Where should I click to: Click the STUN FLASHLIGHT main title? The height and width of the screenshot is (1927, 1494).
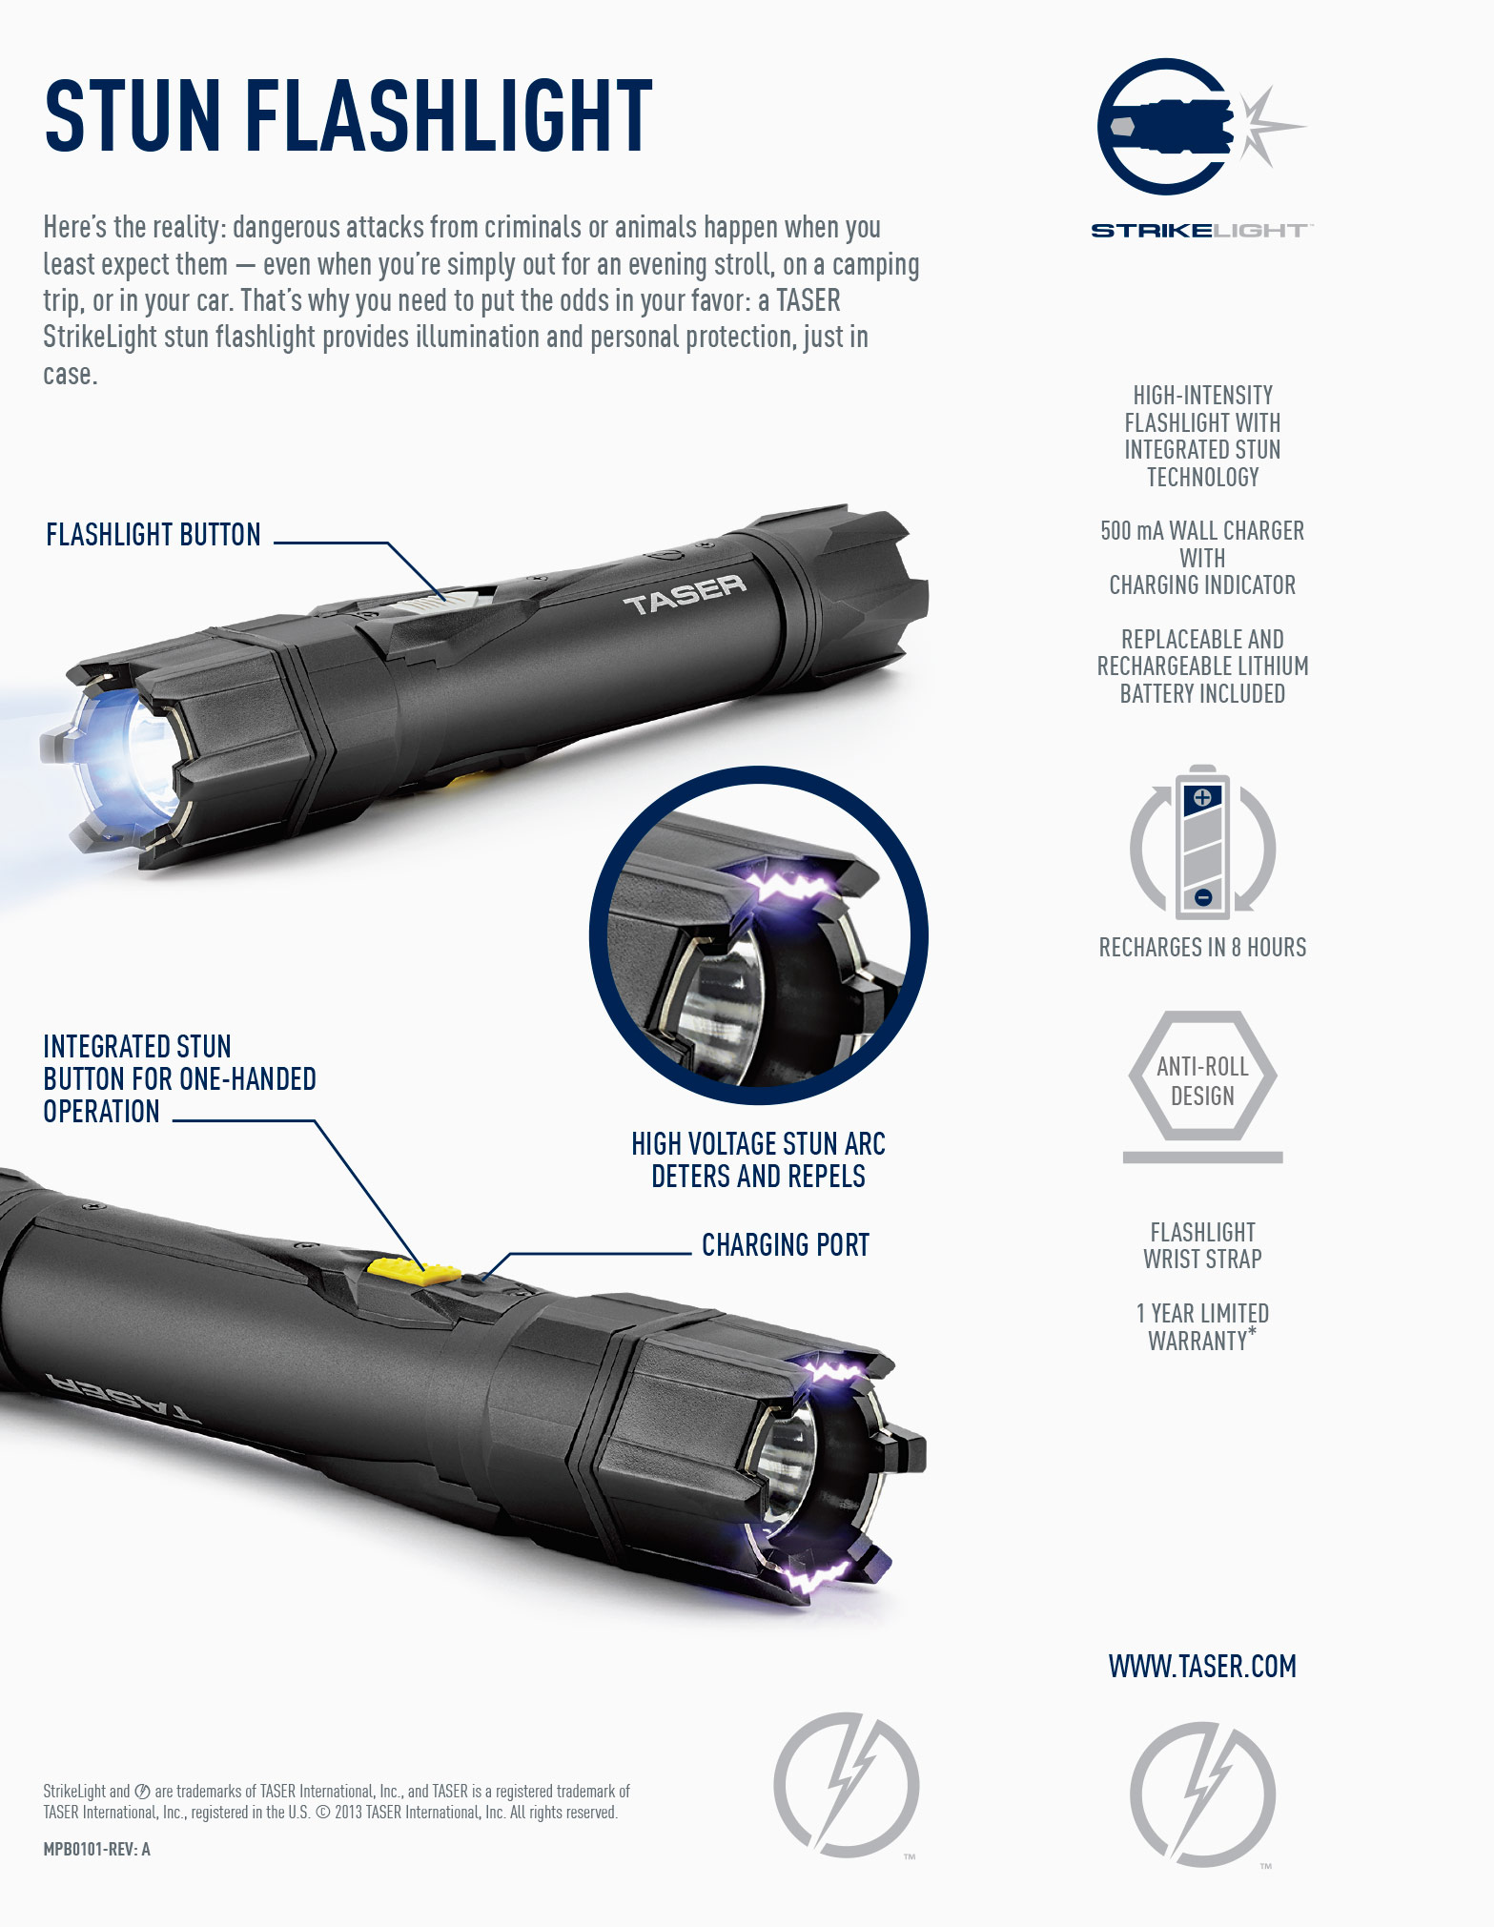(348, 116)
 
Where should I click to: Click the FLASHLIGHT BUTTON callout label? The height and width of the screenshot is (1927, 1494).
(153, 535)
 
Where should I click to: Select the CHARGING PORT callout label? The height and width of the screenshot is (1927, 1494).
(786, 1245)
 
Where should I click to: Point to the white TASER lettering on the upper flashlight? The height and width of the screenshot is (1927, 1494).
(685, 593)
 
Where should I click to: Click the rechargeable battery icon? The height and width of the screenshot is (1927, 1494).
(1202, 842)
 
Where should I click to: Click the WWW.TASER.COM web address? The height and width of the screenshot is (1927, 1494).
(1202, 1667)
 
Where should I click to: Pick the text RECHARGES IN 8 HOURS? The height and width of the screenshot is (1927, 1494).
(1202, 948)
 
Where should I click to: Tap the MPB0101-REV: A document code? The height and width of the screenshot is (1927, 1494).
(97, 1850)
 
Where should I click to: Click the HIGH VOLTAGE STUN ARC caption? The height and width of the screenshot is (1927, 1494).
(759, 1144)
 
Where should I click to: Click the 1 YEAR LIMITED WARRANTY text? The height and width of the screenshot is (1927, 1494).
(1202, 1327)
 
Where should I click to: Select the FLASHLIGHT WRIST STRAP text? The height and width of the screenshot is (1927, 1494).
(1202, 1245)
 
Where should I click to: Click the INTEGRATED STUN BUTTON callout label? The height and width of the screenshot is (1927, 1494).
(179, 1079)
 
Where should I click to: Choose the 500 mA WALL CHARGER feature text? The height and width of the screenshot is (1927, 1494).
(1202, 558)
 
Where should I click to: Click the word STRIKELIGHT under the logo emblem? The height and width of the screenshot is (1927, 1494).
(1202, 231)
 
